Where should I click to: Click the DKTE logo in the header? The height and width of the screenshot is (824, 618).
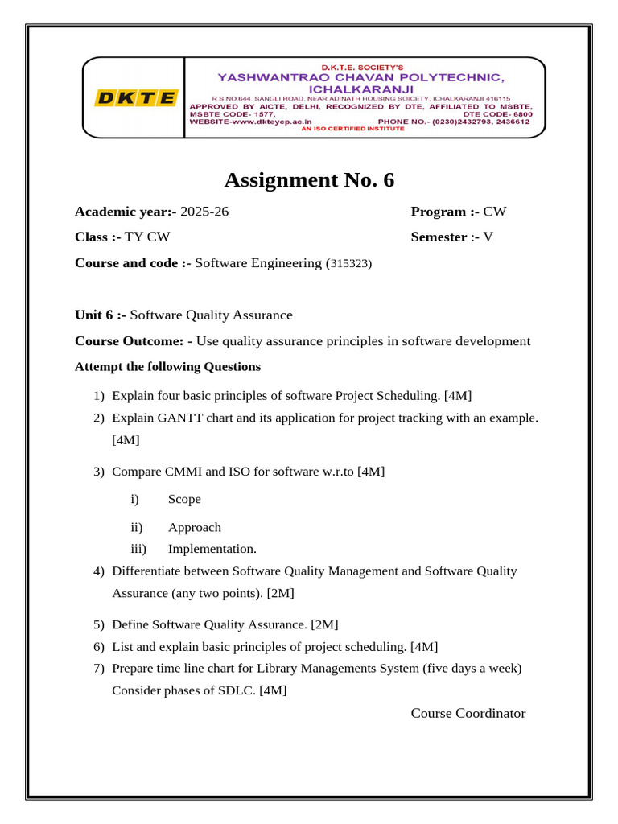(135, 98)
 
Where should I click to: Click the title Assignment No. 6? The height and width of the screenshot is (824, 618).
(309, 179)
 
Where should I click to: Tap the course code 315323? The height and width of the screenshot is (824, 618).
(348, 263)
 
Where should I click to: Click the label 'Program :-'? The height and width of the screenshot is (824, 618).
(445, 212)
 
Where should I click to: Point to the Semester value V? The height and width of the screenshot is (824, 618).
(488, 237)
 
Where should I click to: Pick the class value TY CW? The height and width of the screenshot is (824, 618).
(147, 237)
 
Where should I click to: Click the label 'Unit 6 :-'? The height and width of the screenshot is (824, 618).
(101, 315)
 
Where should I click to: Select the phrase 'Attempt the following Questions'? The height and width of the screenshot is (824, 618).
(167, 366)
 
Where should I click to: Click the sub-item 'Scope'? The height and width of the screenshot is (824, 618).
(184, 499)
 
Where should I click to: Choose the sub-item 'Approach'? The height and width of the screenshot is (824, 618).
(194, 527)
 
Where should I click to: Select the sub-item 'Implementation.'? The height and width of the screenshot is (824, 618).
(212, 549)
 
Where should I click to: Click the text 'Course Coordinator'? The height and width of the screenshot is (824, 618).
(468, 713)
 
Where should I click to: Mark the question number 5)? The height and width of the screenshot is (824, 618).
(99, 624)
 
